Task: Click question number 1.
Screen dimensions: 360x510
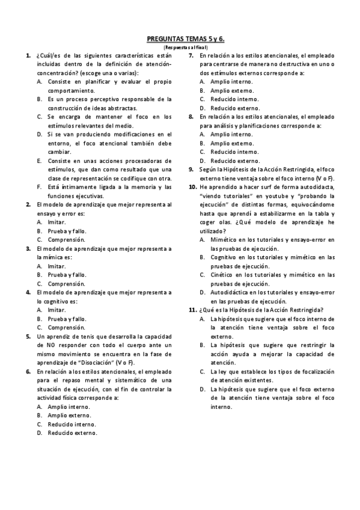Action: coord(28,55)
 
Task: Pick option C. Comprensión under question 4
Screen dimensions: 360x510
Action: coord(66,327)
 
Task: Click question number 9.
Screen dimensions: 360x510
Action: coord(192,170)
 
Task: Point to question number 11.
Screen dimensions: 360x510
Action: coord(192,310)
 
